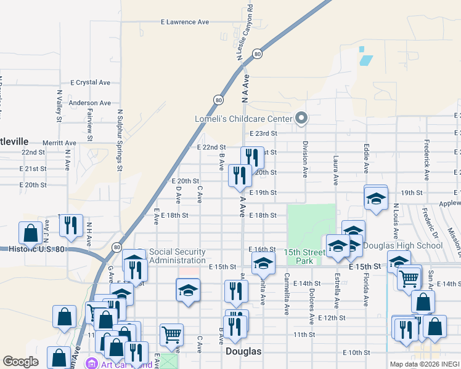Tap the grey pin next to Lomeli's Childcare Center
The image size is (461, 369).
point(301,117)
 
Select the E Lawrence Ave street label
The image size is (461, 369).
point(185,22)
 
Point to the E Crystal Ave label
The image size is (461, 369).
point(90,82)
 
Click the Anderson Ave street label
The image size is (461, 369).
point(90,103)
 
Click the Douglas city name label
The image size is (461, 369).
point(243,352)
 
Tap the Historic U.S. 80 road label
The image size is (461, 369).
point(37,249)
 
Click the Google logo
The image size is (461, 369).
point(20,362)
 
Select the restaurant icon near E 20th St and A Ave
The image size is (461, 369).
point(240,175)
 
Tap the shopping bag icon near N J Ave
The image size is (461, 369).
point(30,233)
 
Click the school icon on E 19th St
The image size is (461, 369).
point(375,199)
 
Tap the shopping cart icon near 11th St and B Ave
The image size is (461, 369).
point(171,335)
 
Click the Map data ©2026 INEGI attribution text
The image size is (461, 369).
point(425,364)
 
